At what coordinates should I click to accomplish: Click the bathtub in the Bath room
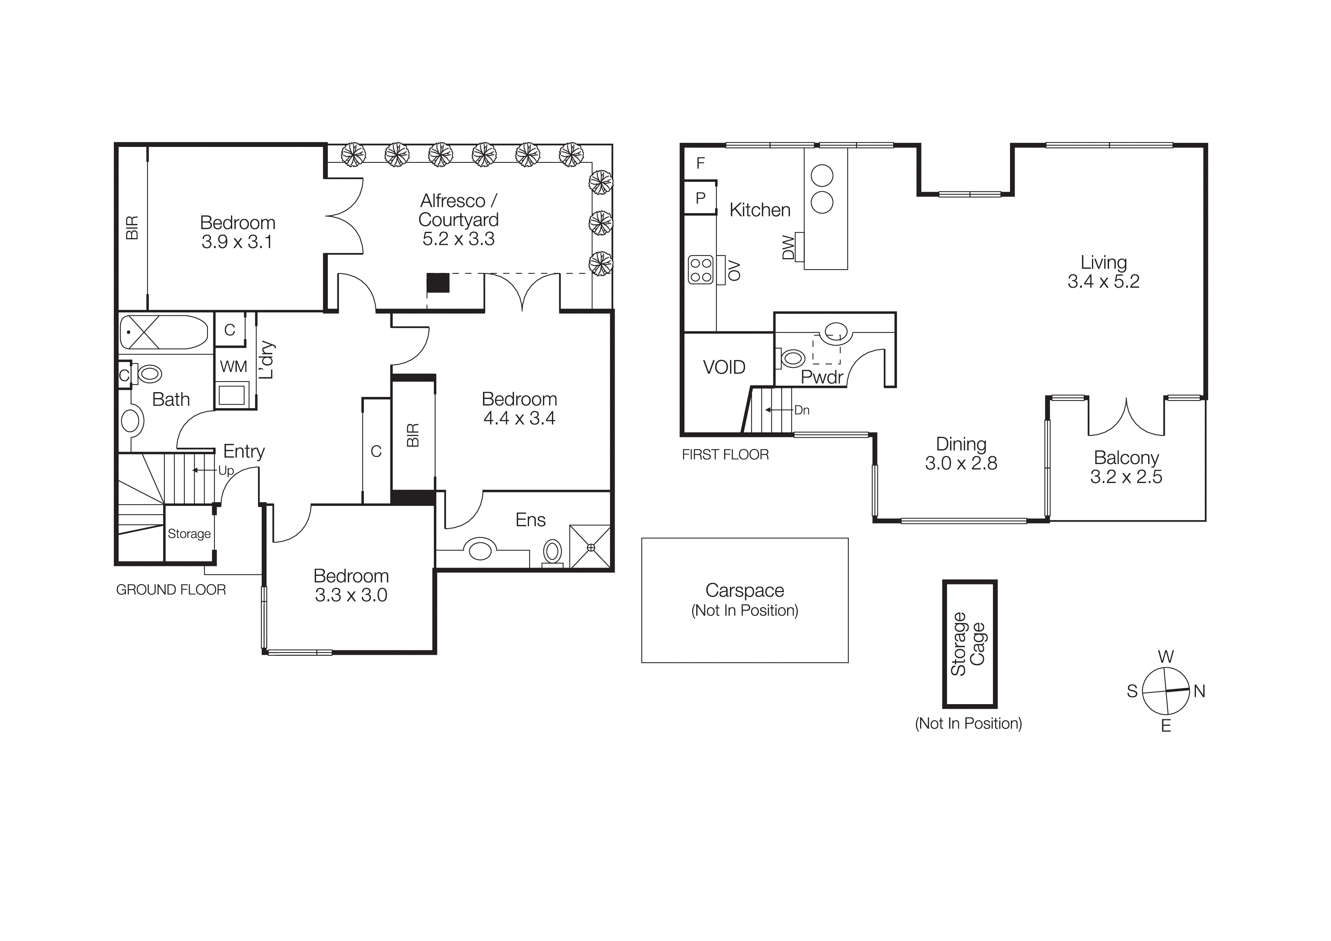coord(164,332)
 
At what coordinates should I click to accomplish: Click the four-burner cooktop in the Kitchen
coord(700,270)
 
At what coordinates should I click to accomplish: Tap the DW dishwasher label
coord(788,247)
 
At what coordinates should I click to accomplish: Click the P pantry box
coord(700,198)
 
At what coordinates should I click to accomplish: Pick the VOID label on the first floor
coord(724,367)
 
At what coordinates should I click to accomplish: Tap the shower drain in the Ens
coord(591,547)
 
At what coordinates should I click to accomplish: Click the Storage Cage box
coord(969,643)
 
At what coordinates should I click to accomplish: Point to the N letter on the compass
coord(1199,691)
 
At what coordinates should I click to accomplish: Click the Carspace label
coord(744,590)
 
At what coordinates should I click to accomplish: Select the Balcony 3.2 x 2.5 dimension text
coord(1126,477)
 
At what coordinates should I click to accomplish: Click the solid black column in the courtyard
coord(438,282)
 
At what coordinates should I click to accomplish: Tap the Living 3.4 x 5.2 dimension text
coord(1103,282)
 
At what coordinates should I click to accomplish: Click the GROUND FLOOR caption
coord(171,590)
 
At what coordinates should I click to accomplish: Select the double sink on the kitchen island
coord(822,188)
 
